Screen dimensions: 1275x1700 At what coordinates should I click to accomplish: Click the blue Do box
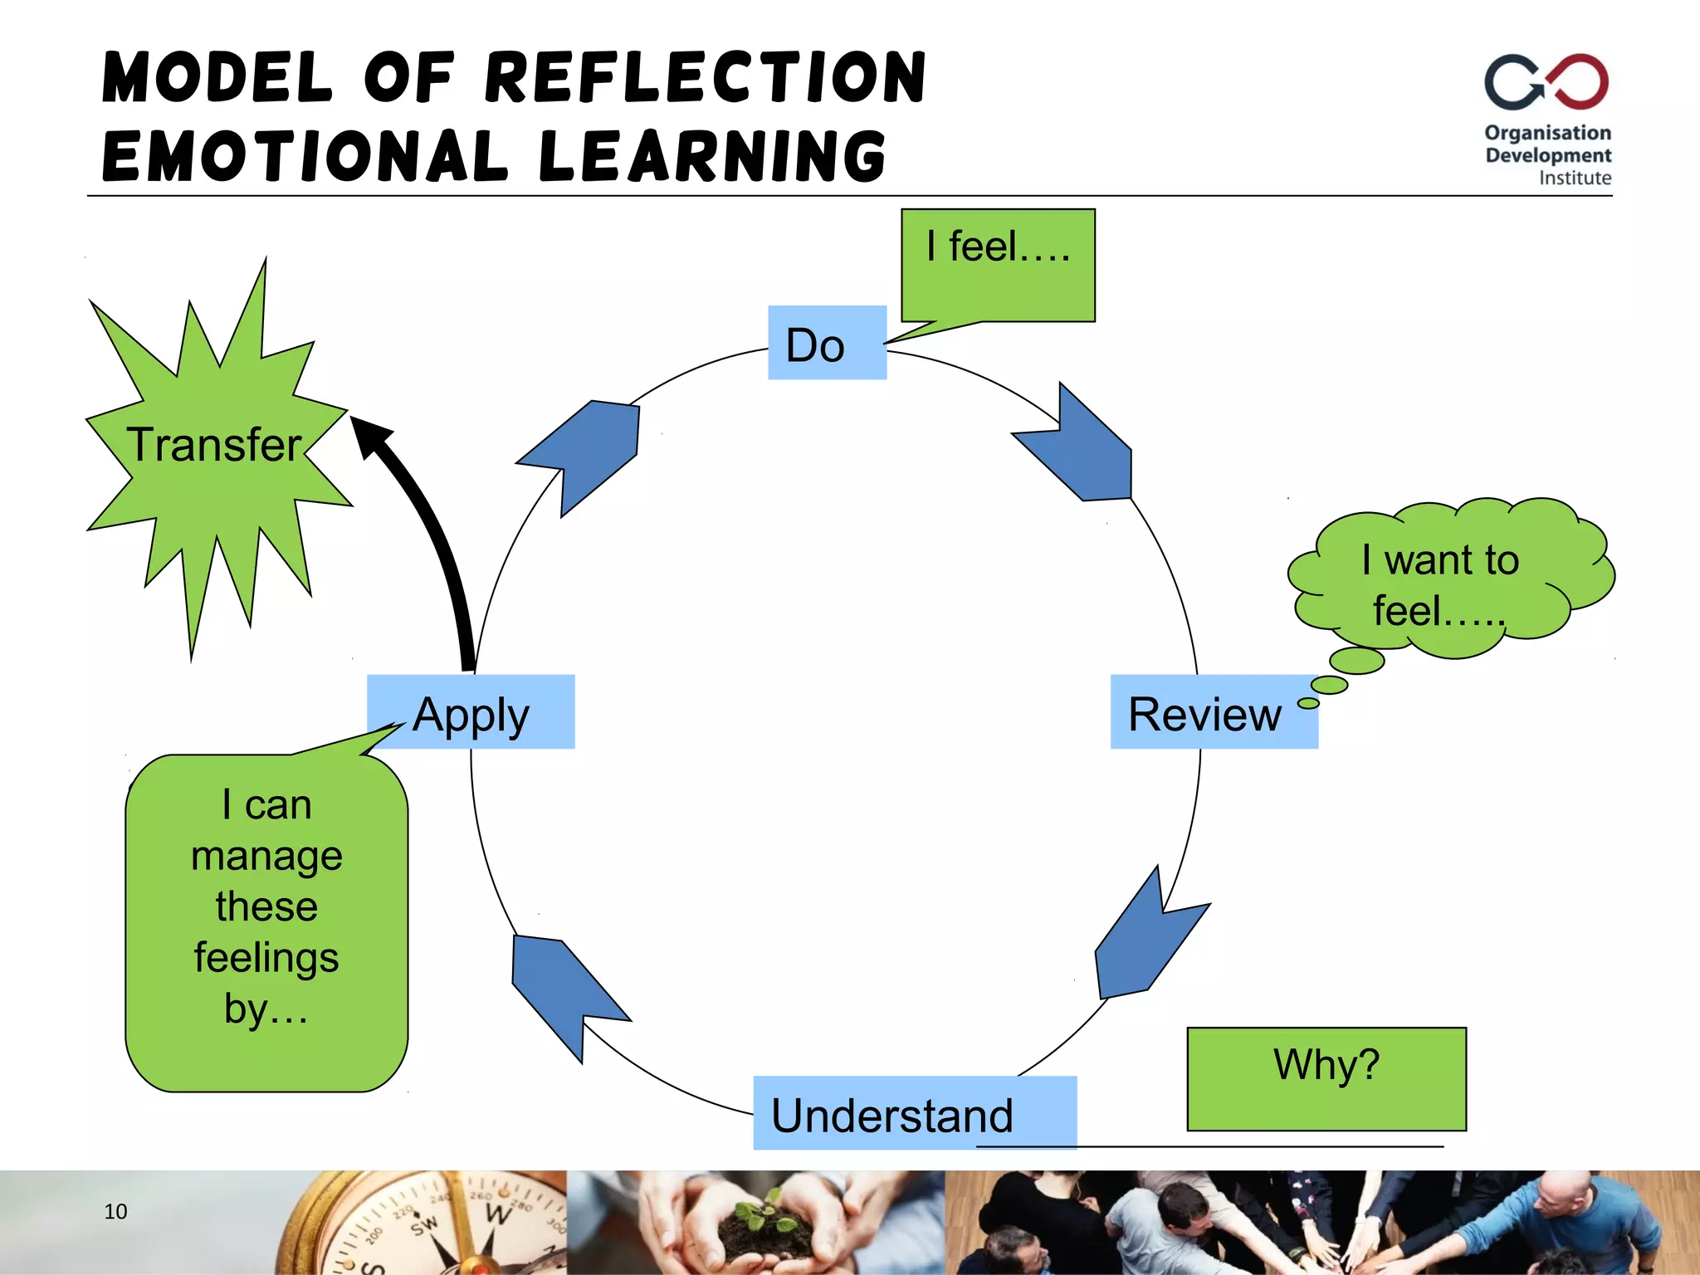(x=827, y=343)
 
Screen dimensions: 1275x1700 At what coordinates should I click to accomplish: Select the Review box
(x=1213, y=712)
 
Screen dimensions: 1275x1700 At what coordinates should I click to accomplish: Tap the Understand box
(x=914, y=1113)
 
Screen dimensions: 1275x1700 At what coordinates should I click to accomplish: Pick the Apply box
(x=471, y=712)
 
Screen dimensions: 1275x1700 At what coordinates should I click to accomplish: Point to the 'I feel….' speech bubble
(x=998, y=264)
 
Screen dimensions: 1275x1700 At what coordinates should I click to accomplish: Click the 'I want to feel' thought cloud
(x=1445, y=581)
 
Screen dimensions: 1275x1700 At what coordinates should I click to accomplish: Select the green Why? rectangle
(x=1326, y=1078)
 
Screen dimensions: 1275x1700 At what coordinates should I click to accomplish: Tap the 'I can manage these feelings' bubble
(x=266, y=921)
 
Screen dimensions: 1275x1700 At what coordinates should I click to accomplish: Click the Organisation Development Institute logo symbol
(x=1546, y=82)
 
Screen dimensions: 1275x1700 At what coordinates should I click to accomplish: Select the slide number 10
(x=115, y=1211)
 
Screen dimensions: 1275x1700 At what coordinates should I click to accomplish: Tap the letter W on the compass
(x=497, y=1213)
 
